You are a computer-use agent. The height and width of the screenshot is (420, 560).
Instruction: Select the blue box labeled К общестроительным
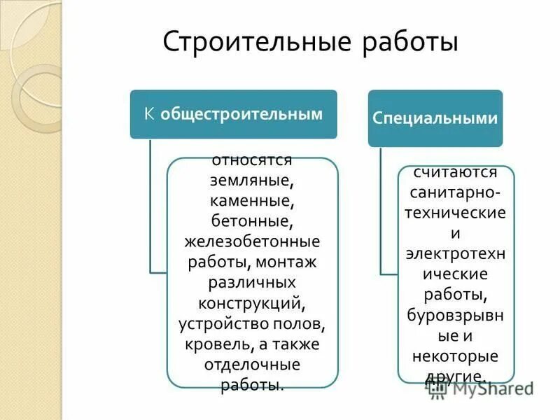(x=233, y=113)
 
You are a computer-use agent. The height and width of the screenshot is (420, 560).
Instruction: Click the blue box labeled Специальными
(x=435, y=118)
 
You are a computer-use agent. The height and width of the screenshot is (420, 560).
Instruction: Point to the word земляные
(x=251, y=180)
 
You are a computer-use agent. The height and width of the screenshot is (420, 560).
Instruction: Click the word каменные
(x=251, y=202)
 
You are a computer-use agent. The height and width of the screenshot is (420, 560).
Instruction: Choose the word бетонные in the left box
(x=251, y=222)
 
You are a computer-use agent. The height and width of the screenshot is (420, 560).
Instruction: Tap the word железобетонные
(x=252, y=242)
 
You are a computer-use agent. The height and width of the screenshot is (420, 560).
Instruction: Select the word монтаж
(x=286, y=262)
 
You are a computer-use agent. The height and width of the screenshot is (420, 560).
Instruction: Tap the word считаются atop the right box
(x=454, y=171)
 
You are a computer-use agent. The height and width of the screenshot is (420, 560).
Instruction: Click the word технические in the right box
(x=455, y=211)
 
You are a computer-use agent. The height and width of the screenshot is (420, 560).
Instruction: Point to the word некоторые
(x=454, y=356)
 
